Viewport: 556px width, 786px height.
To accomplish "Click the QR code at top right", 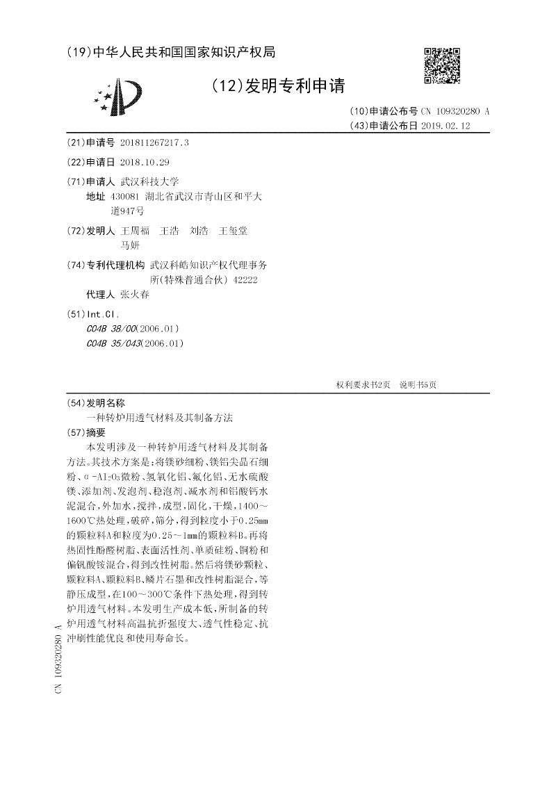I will coord(441,66).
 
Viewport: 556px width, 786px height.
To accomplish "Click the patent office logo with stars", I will coord(120,97).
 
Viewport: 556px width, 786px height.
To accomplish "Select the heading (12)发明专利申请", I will coord(277,86).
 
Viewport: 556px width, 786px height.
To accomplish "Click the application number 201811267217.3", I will coord(154,142).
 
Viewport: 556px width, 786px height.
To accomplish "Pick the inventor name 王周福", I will coord(135,231).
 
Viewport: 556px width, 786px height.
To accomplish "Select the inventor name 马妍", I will coord(130,245).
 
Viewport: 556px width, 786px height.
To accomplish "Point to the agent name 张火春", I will coord(135,294).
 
